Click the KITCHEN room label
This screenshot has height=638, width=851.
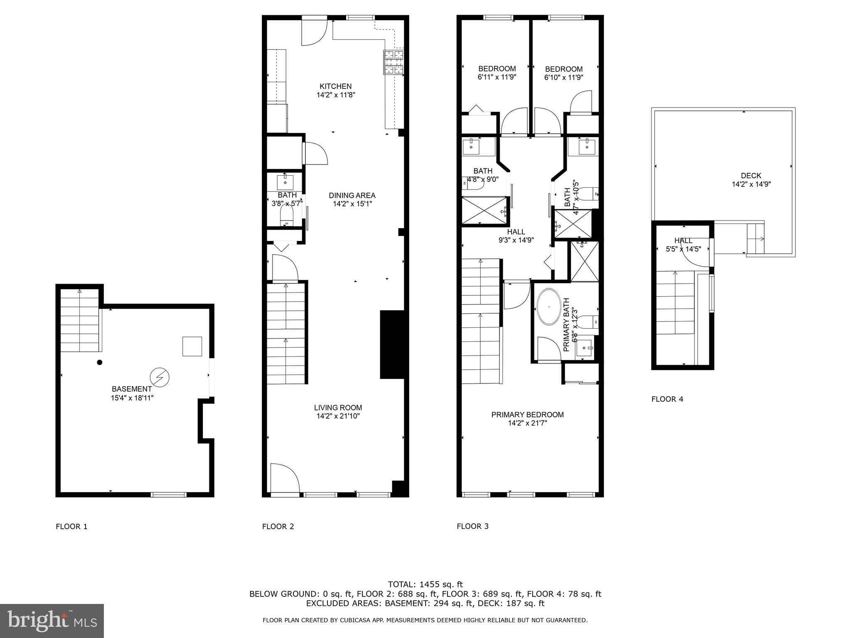pos(335,86)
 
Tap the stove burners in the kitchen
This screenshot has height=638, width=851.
pos(393,62)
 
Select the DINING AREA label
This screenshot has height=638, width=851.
pos(352,195)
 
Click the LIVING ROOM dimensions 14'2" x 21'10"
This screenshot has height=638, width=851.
pos(338,416)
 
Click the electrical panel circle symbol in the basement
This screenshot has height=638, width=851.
pos(160,377)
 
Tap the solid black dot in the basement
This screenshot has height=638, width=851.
pos(100,362)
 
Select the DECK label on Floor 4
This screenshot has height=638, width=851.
pos(751,176)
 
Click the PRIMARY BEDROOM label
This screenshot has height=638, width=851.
pos(527,415)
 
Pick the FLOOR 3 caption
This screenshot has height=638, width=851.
pos(472,526)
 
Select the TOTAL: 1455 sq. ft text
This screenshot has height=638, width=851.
pos(425,584)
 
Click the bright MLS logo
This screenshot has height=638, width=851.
pos(52,621)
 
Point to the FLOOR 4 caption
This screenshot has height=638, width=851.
pos(667,399)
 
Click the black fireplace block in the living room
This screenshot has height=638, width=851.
pos(392,344)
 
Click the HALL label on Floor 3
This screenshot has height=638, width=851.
pos(516,232)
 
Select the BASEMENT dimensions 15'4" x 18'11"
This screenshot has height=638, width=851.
pos(132,398)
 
